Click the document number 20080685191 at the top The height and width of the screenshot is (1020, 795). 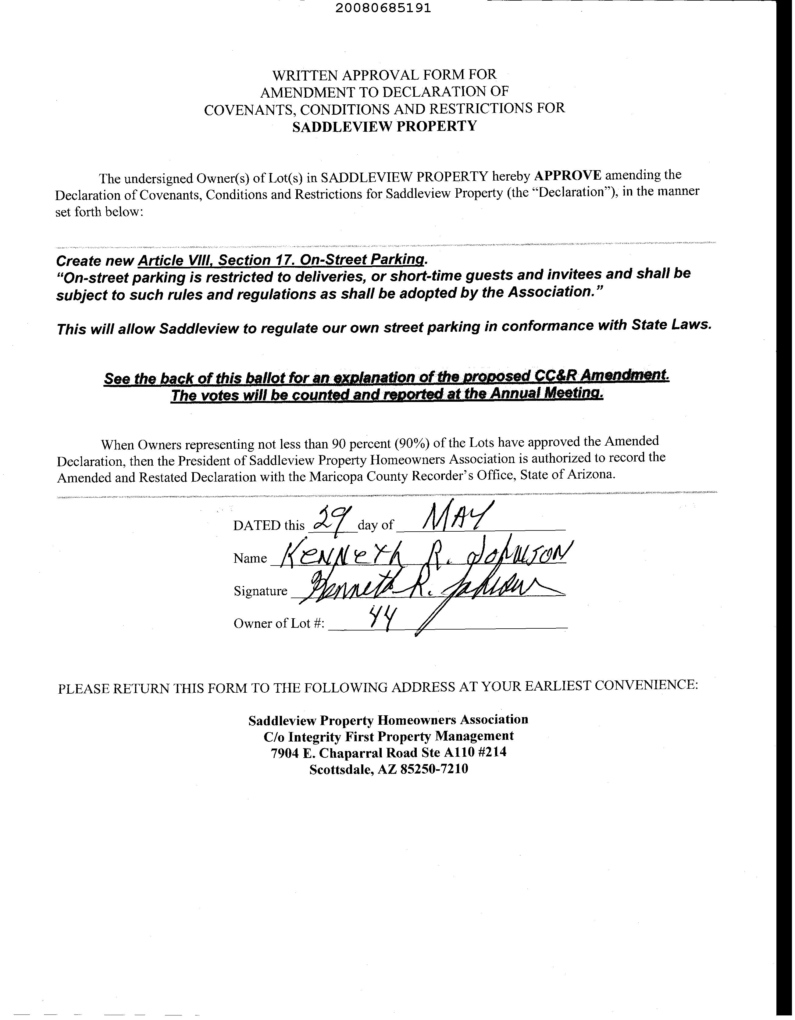(x=383, y=9)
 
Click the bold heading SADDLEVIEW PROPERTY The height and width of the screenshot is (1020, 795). (x=385, y=126)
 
